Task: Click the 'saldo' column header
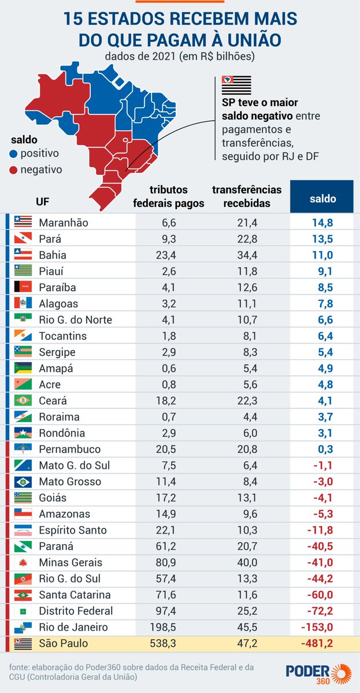click(322, 198)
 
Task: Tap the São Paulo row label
click(64, 643)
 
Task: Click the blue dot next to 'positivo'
click(13, 154)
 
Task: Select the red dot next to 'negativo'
click(13, 170)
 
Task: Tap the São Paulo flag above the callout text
click(233, 85)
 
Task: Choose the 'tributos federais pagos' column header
click(169, 196)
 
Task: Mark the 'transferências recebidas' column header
click(247, 196)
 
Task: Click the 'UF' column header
click(42, 202)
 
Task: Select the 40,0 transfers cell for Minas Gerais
click(247, 562)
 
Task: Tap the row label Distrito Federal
click(76, 611)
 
